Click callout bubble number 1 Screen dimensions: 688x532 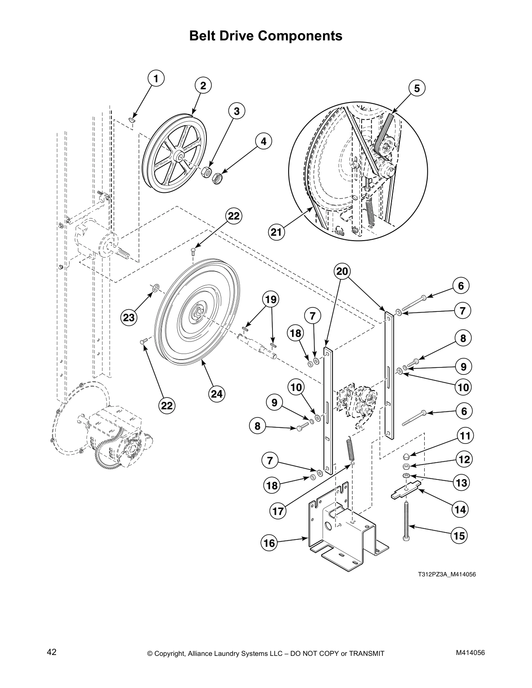[156, 79]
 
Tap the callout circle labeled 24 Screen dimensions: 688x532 [216, 394]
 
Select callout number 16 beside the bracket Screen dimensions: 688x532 [269, 542]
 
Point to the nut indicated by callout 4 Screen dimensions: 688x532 [217, 178]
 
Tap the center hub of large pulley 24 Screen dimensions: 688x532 [196, 312]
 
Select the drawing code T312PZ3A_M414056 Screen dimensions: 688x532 [447, 574]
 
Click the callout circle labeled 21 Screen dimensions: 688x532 [276, 232]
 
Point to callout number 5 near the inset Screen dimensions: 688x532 [416, 89]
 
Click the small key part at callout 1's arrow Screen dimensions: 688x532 [133, 119]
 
